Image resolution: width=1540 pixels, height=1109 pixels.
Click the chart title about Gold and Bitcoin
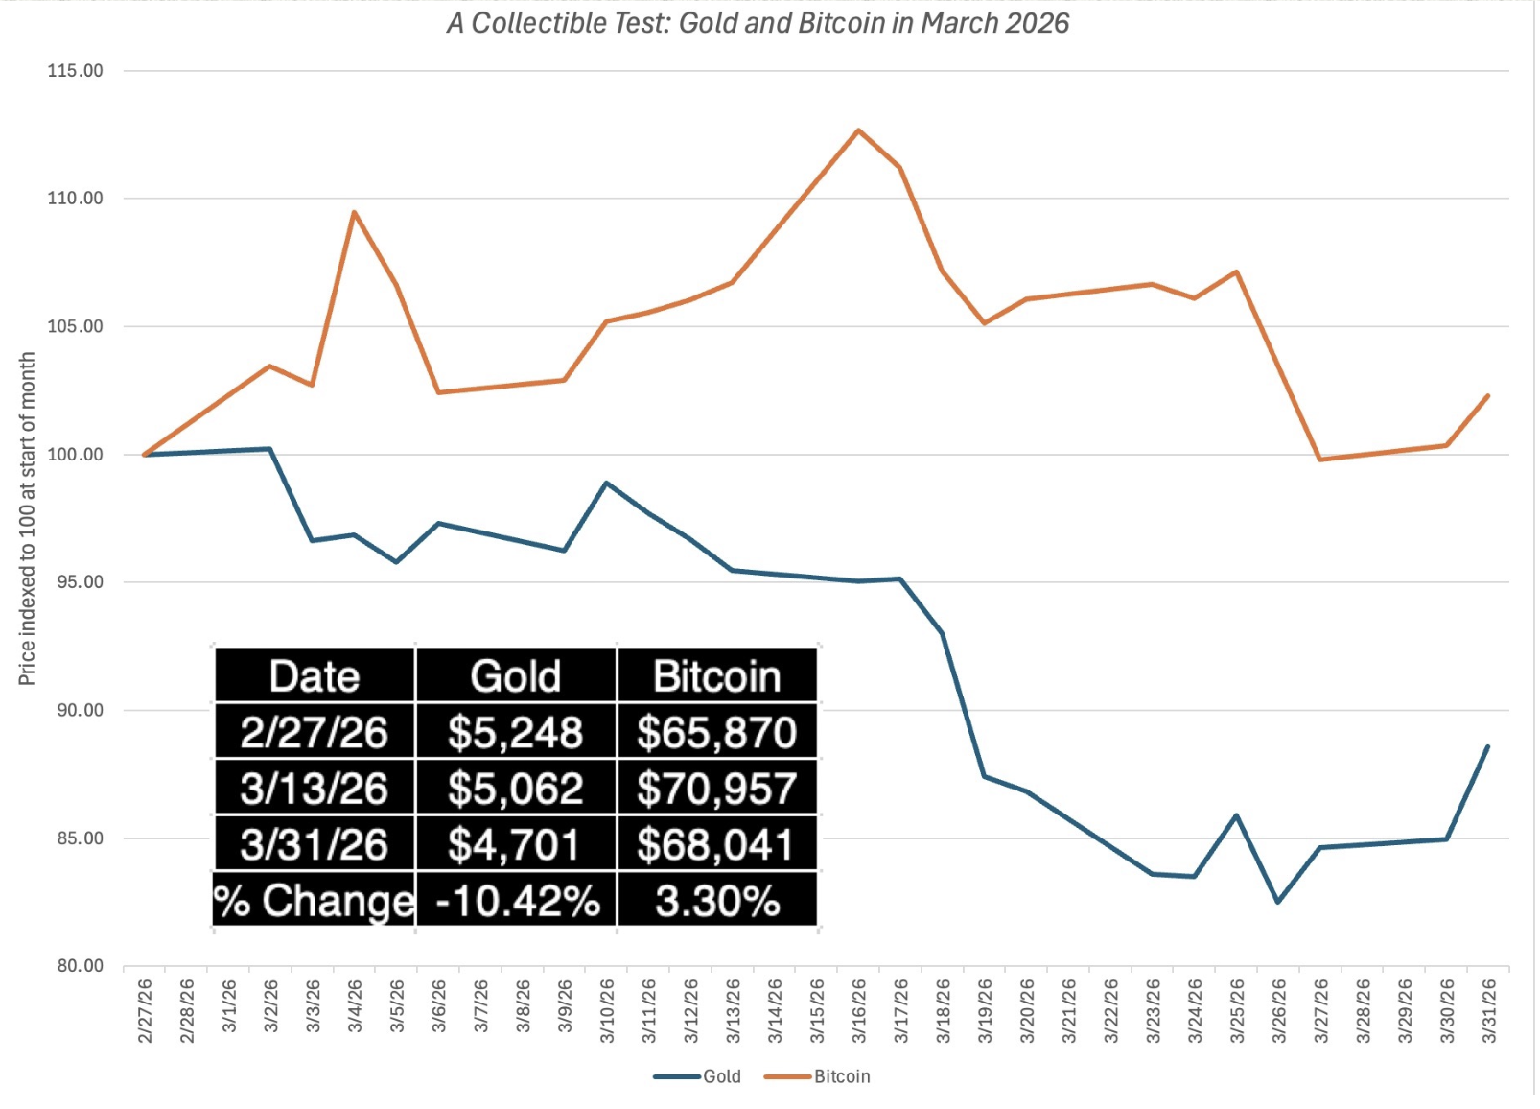tap(758, 23)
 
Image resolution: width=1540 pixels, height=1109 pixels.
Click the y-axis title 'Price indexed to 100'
tap(27, 518)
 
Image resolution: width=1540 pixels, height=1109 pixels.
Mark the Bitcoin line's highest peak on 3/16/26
tap(858, 130)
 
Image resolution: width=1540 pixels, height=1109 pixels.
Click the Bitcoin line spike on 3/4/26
tap(354, 212)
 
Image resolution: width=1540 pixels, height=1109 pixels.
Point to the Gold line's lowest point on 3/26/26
tap(1277, 902)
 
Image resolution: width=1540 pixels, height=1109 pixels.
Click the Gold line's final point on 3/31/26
tap(1487, 746)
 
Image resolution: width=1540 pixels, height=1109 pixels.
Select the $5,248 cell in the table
tap(515, 733)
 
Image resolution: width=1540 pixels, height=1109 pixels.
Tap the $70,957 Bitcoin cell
tap(716, 789)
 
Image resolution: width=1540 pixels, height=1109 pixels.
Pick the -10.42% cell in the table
tap(517, 901)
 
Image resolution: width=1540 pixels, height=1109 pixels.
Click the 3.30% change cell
tap(716, 901)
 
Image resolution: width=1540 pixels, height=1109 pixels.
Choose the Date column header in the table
tap(315, 676)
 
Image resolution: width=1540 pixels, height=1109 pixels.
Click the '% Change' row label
tap(314, 901)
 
